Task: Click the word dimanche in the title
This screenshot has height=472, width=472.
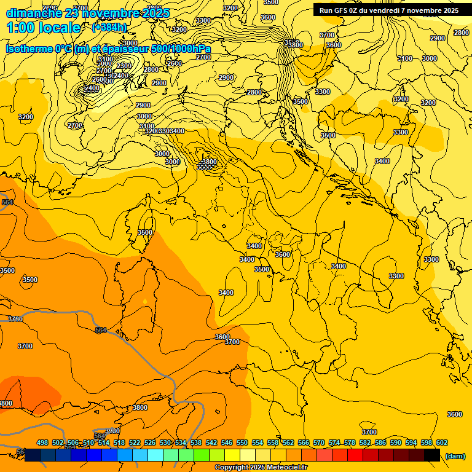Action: click(x=31, y=13)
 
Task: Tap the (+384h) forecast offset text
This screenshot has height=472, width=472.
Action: click(x=109, y=28)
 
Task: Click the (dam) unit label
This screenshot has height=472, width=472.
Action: click(x=455, y=456)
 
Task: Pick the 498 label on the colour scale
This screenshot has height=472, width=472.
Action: click(x=42, y=442)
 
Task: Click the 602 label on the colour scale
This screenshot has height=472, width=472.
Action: click(x=442, y=442)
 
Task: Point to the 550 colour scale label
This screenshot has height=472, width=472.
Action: click(x=242, y=442)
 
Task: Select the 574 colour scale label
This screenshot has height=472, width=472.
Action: click(x=334, y=442)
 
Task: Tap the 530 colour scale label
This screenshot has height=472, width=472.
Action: click(x=165, y=442)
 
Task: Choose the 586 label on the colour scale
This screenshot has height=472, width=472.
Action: click(x=380, y=442)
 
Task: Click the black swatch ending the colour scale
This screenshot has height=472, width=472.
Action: click(x=432, y=455)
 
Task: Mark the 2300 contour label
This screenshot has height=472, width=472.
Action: click(x=124, y=66)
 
